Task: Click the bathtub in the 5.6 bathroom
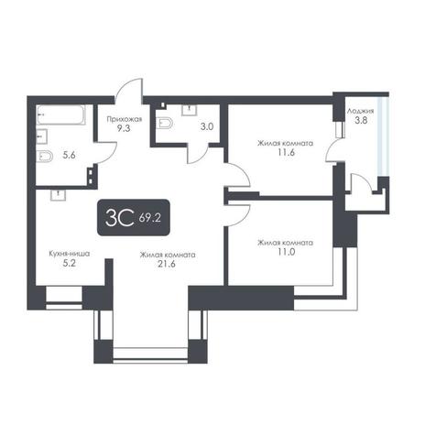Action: (x=61, y=114)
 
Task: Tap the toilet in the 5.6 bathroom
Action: (x=45, y=157)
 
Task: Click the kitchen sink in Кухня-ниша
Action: (x=58, y=195)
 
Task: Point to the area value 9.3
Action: (x=124, y=128)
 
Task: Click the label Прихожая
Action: (x=125, y=119)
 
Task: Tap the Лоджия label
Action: (x=360, y=112)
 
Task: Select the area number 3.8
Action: (x=361, y=120)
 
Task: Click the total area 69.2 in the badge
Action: (x=149, y=218)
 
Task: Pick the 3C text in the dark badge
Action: (x=119, y=218)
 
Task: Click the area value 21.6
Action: (x=167, y=264)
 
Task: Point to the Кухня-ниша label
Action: (x=70, y=254)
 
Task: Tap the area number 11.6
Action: (x=286, y=152)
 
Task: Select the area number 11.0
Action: (x=286, y=252)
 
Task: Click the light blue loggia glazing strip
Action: (x=383, y=136)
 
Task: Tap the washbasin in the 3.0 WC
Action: (x=190, y=110)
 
